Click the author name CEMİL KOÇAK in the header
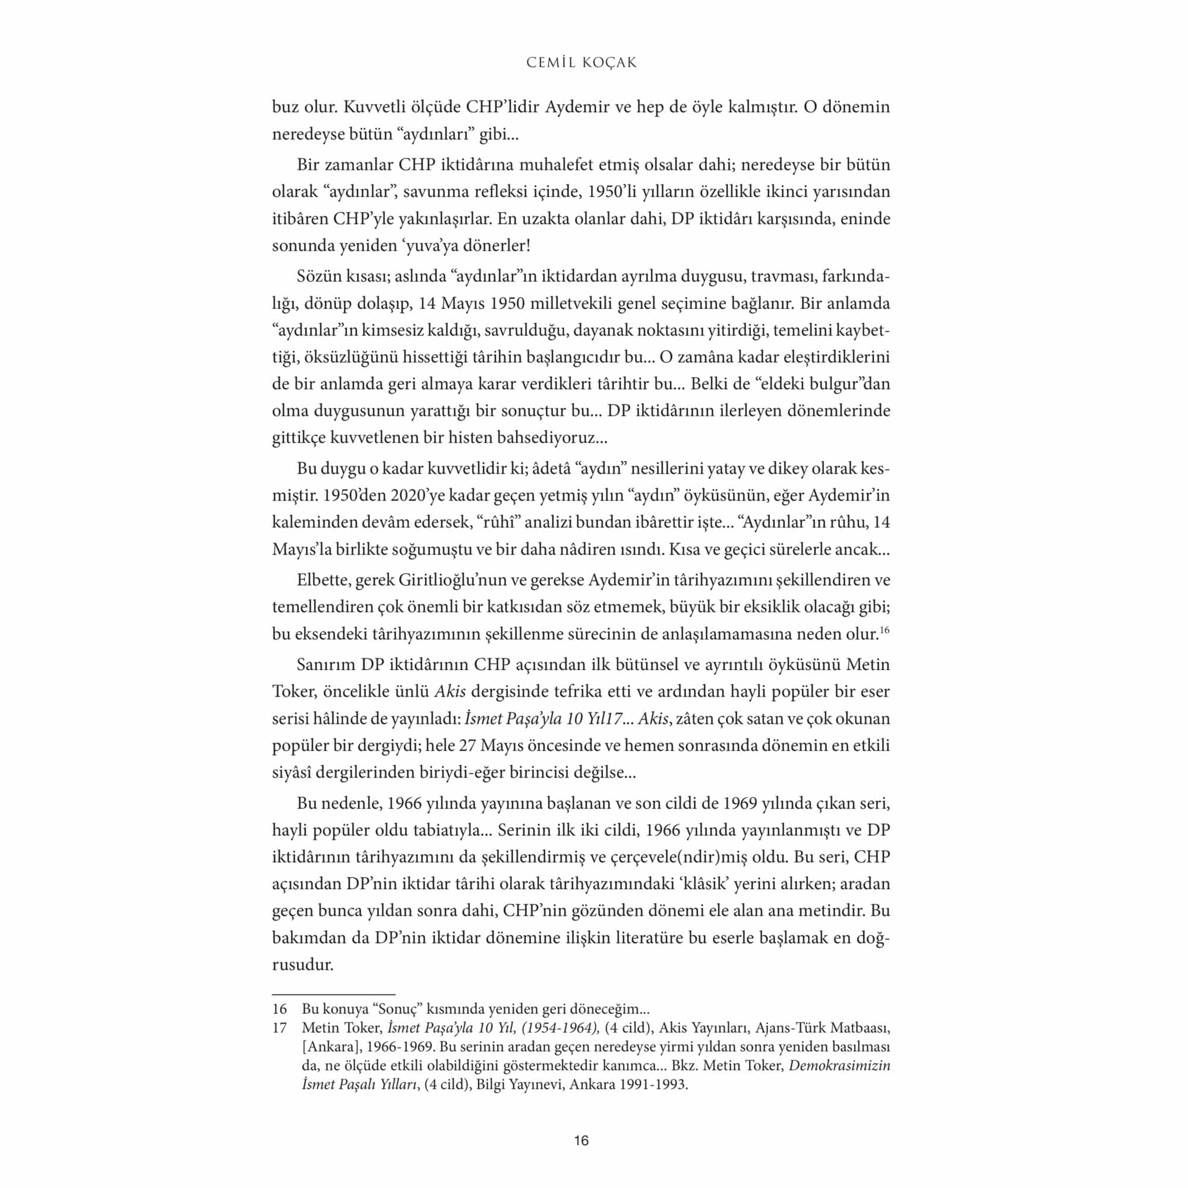click(581, 63)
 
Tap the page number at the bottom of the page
click(581, 1140)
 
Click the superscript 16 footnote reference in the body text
click(884, 630)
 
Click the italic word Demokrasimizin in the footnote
click(839, 1066)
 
